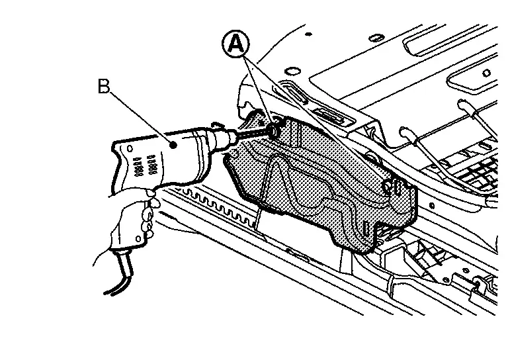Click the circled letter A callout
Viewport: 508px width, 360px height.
[x=235, y=45]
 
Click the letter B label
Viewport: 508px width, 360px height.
[x=104, y=87]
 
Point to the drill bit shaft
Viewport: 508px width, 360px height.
[x=251, y=133]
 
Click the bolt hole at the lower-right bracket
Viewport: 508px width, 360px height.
[x=477, y=283]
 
